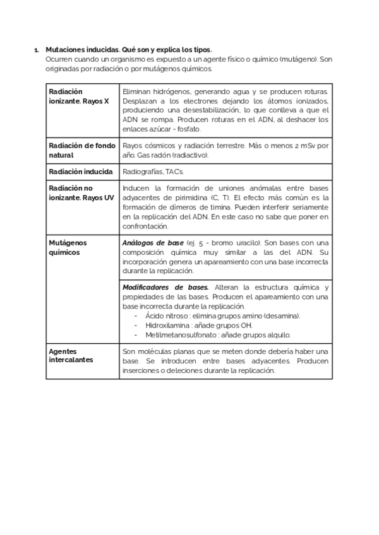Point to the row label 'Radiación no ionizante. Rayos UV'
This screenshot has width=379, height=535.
pos(81,192)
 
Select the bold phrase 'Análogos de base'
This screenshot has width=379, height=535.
pos(153,243)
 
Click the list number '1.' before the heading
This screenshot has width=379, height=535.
pos(36,49)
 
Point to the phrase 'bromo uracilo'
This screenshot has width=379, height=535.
pos(237,243)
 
